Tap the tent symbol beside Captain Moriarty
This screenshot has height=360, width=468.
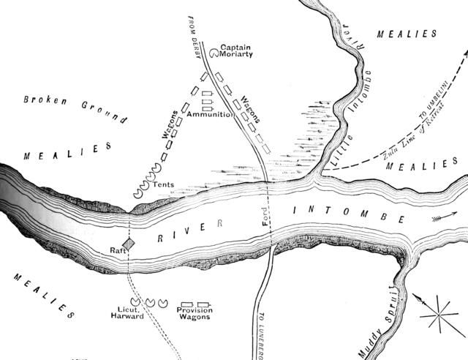[213, 53]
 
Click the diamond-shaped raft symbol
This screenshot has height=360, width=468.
[129, 244]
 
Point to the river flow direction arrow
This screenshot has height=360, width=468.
[442, 217]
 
